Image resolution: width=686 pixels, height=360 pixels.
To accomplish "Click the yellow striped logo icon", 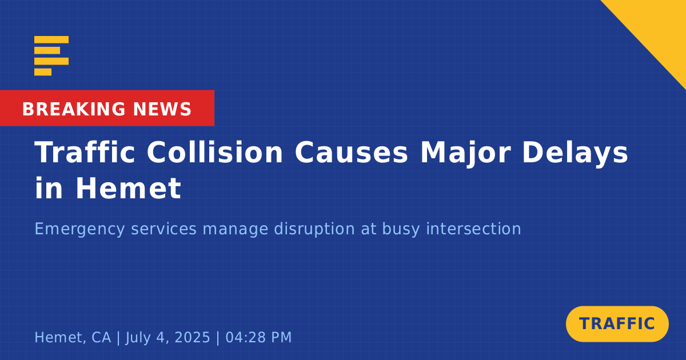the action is coord(51,56).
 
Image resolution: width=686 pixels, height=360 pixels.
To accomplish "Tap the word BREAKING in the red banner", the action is coord(74,109).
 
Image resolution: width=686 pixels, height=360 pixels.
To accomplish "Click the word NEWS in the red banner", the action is coord(162,109).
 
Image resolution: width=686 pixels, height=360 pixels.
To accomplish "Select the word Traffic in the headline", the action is coord(85,152).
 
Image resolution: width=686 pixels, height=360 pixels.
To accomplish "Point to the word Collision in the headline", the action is coord(215,152).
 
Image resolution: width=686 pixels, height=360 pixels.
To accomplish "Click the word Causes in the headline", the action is coord(351,153).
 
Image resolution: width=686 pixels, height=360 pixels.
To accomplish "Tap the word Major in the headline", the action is coord(465,154).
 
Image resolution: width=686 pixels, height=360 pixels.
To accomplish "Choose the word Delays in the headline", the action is coord(575,154).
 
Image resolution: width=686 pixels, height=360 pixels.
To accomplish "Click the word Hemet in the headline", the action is coord(128,188).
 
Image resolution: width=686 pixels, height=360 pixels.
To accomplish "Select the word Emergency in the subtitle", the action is coord(79,230).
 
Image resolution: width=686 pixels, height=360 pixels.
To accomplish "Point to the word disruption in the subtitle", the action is coord(314,230).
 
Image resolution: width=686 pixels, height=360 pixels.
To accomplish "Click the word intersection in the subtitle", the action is coord(473,229).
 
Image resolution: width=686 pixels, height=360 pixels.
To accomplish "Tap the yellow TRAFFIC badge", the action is coord(617,324).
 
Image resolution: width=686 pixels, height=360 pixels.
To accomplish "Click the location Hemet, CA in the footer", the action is coord(73,338).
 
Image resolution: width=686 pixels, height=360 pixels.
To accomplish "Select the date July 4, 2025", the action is coord(167,338).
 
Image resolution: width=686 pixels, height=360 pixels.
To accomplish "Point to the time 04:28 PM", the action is coord(258,337).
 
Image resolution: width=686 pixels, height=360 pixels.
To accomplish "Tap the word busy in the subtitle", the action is coord(401,230).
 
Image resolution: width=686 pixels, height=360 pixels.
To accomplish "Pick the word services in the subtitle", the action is coord(163,229).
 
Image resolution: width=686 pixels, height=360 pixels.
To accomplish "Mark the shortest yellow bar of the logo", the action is coord(43,72).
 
